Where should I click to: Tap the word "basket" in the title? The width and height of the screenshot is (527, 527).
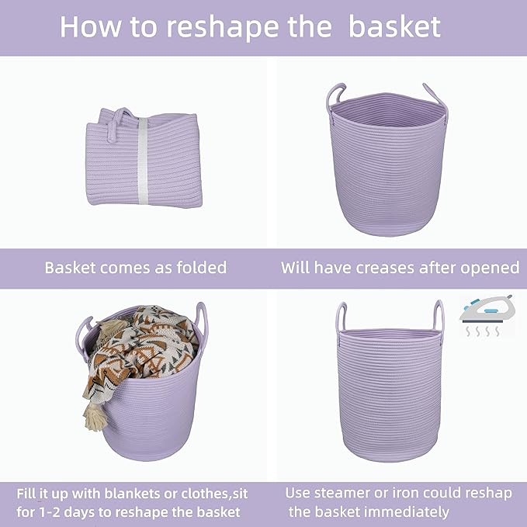[394, 26]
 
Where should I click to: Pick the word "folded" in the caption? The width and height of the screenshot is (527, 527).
[198, 268]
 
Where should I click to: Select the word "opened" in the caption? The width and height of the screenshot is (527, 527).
[491, 268]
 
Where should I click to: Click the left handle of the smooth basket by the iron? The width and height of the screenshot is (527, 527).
[341, 318]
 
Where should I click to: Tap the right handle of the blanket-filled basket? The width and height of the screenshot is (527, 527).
[201, 317]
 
